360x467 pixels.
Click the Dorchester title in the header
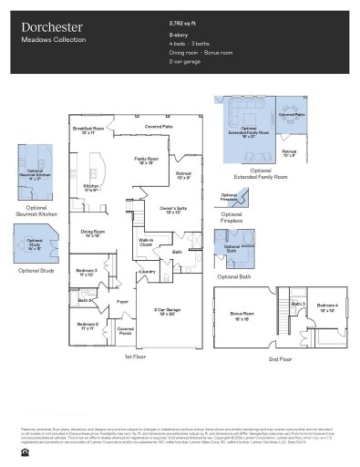click(52, 28)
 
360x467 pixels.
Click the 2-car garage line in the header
click(186, 63)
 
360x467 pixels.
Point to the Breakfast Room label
click(88, 130)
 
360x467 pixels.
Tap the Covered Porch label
click(126, 331)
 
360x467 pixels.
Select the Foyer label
click(121, 300)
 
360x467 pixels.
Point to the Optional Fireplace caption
click(231, 217)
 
